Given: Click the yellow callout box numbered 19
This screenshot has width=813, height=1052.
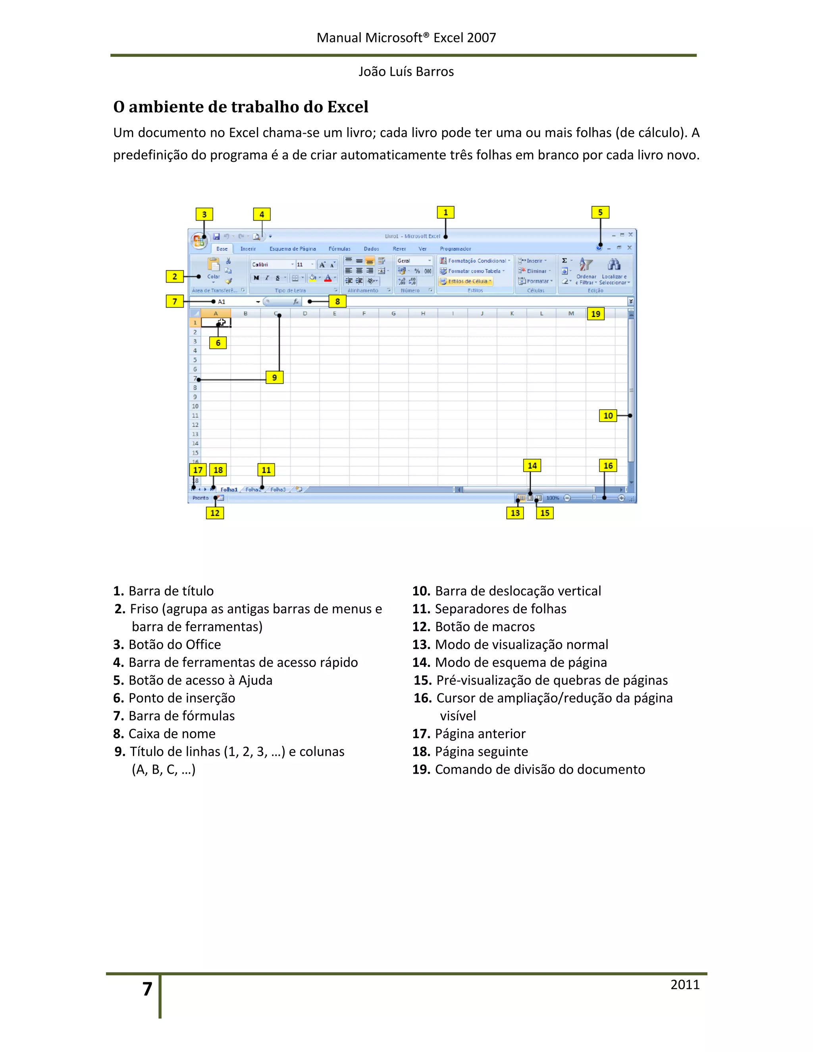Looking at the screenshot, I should click(596, 314).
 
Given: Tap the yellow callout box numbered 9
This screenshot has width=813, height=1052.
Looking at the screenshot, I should click(275, 377).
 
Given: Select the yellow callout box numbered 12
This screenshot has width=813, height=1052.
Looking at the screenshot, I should click(215, 513).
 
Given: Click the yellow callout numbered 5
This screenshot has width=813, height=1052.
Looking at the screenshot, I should click(600, 212).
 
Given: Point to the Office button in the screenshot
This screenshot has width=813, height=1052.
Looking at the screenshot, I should click(198, 240).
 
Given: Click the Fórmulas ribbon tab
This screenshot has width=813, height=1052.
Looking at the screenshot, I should click(339, 249).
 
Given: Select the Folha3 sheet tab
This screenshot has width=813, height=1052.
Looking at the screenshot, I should click(278, 489).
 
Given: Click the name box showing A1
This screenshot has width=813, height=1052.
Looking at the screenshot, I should click(236, 302).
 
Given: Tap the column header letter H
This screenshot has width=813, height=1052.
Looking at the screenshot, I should click(423, 314).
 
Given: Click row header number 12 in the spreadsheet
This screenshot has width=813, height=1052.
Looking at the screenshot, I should click(195, 425).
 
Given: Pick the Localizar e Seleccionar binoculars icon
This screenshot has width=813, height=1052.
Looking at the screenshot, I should click(614, 264).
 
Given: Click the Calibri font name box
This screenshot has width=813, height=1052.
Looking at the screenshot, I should click(271, 264).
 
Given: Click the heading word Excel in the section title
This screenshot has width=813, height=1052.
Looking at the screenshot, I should click(347, 106).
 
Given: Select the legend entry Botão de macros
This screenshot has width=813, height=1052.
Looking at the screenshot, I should click(485, 627).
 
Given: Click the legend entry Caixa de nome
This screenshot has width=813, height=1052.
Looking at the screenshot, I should click(171, 734).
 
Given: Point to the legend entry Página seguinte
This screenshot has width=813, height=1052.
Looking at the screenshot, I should click(481, 751).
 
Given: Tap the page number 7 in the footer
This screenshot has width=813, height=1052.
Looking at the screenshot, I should click(147, 989).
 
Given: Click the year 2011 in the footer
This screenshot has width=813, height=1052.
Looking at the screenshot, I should click(684, 985).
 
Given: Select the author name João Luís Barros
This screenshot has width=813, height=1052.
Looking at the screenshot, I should click(406, 72).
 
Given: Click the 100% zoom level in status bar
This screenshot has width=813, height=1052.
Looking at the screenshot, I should click(553, 498).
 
